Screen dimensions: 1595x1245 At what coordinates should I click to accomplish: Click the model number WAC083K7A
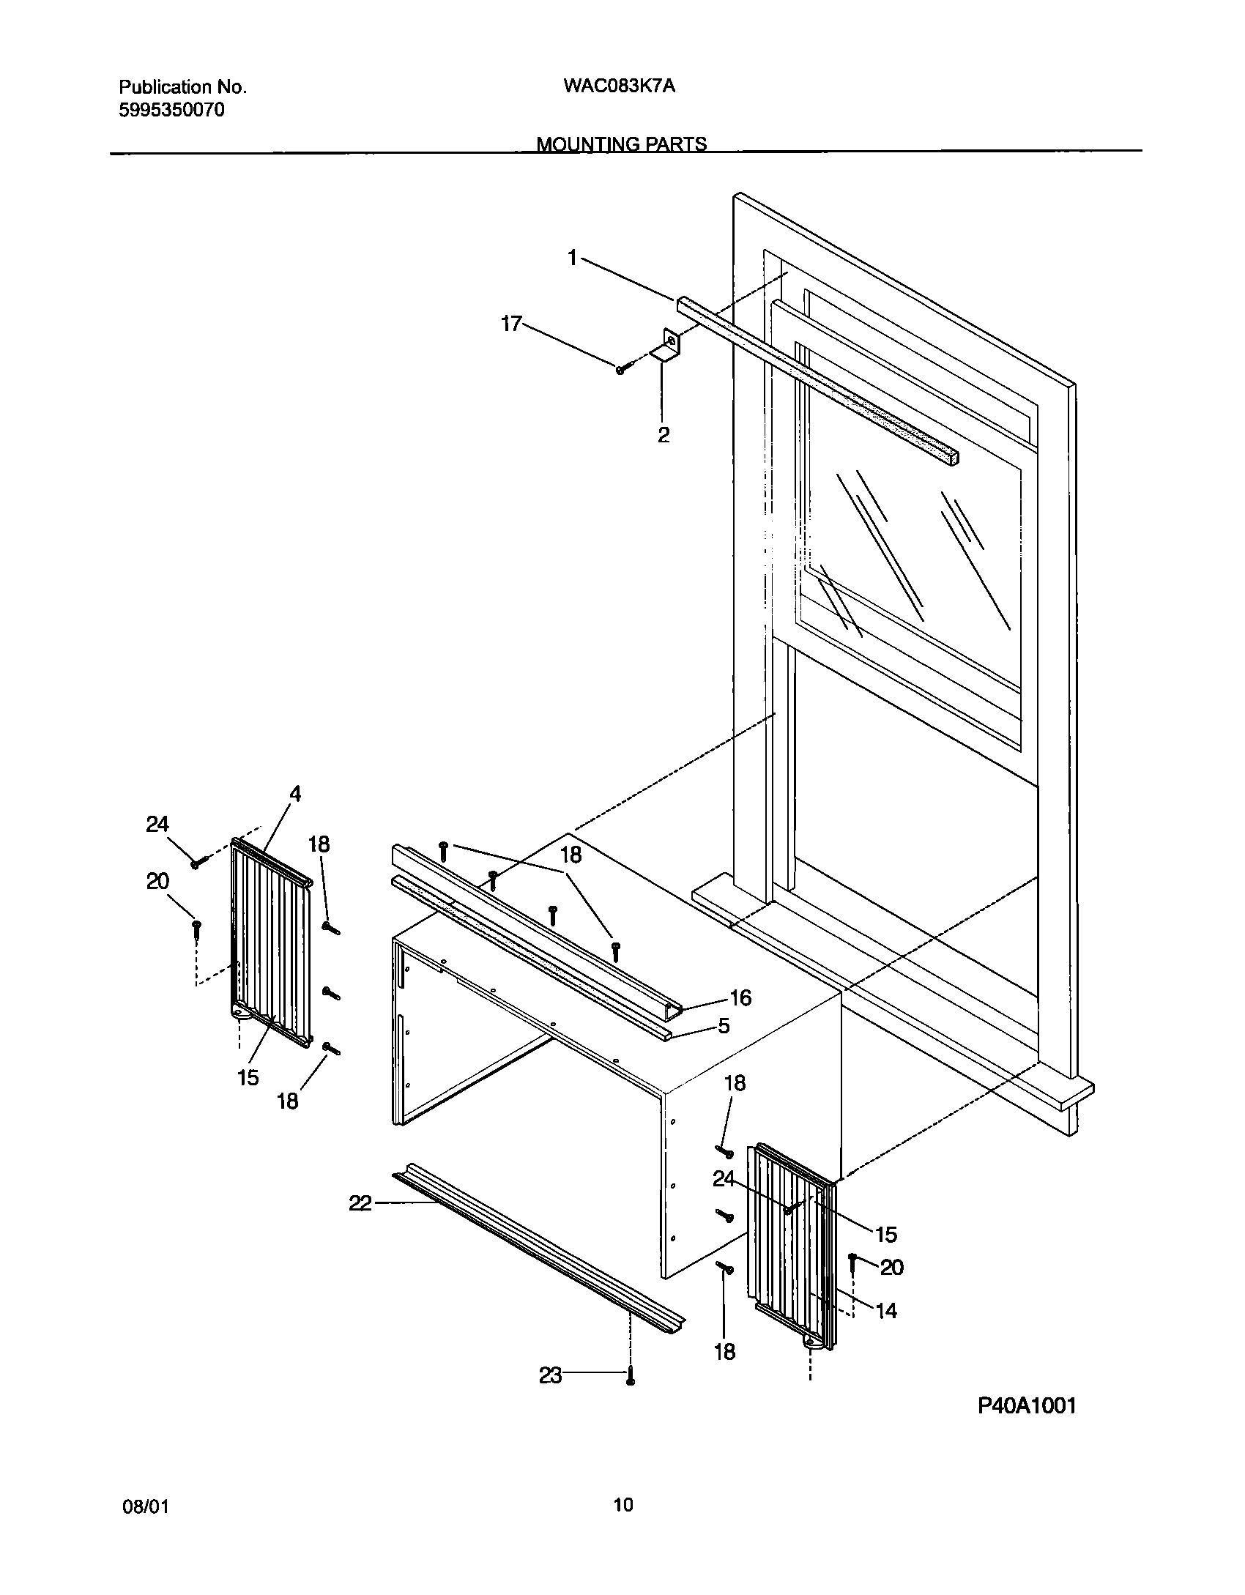click(619, 86)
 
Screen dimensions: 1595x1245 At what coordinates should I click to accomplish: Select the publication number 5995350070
click(171, 111)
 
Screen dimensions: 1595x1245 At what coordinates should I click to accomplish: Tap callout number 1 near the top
click(573, 258)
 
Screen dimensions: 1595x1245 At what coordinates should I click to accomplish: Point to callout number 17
click(511, 324)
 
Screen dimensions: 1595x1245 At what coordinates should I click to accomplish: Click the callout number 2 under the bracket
click(663, 435)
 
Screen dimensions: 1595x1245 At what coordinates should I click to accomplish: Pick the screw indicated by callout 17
click(621, 370)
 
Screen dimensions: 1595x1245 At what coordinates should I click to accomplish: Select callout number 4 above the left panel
click(294, 794)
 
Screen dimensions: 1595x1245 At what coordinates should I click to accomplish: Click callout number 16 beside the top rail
click(740, 997)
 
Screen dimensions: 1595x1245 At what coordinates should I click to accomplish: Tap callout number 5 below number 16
click(724, 1026)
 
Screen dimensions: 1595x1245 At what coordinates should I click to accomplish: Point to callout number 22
click(360, 1202)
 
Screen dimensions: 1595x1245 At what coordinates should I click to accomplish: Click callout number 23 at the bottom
click(551, 1376)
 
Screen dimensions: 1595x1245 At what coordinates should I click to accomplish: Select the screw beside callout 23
click(630, 1378)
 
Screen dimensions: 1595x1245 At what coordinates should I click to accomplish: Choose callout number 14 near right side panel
click(886, 1310)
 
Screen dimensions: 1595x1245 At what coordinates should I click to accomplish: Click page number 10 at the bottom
click(623, 1504)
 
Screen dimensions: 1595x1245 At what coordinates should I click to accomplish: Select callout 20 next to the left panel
click(157, 882)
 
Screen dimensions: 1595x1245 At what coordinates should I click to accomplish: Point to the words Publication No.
click(182, 87)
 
